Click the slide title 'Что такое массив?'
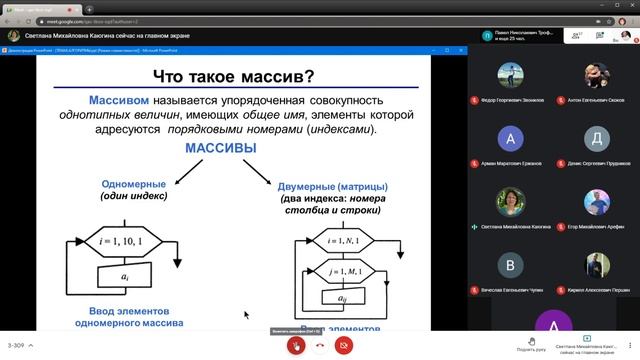[231, 76]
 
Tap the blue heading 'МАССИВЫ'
[220, 148]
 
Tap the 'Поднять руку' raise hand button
[531, 341]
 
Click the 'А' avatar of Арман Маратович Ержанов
[511, 138]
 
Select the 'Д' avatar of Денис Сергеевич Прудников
[597, 138]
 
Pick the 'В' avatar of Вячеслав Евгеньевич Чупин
[511, 264]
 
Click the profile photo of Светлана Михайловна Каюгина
[511, 201]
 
